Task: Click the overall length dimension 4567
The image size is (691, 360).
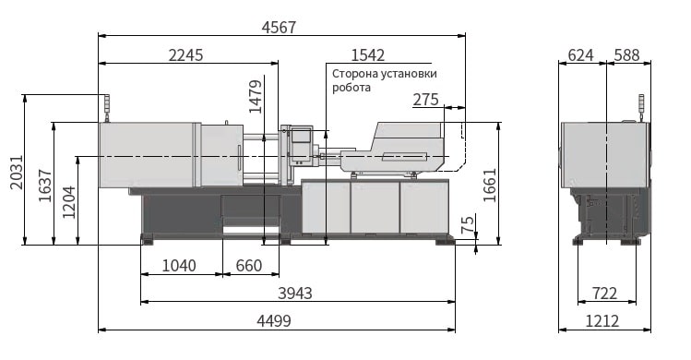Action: pos(279,28)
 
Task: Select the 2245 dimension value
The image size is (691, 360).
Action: pos(186,55)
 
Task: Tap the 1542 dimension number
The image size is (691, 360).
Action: pos(367,55)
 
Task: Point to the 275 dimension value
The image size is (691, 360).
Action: pos(425,100)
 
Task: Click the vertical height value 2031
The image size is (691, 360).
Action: pos(17,172)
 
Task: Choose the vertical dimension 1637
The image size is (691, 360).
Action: pos(45,186)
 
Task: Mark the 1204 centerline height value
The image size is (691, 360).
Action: pos(69,202)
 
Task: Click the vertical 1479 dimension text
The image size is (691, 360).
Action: pos(256,97)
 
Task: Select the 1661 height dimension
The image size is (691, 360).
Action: pos(490,185)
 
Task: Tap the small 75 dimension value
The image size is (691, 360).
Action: pos(469,224)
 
